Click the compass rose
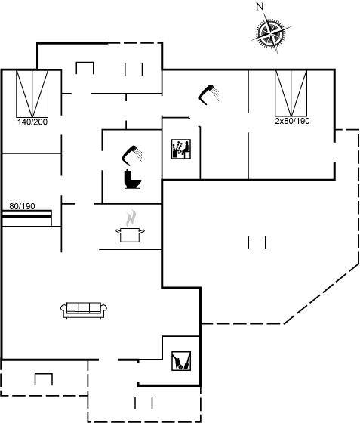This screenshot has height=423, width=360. [x=271, y=33]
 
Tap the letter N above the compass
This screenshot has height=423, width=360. [x=260, y=7]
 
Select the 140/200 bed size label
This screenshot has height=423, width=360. [x=32, y=122]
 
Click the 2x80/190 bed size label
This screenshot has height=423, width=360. [x=292, y=121]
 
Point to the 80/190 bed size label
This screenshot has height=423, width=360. [x=22, y=206]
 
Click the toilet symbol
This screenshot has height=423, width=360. [x=132, y=179]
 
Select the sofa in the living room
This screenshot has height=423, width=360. [x=84, y=310]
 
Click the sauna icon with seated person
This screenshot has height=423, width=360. [x=181, y=149]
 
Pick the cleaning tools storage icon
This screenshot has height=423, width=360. [x=181, y=361]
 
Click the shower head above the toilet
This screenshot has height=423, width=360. [x=132, y=155]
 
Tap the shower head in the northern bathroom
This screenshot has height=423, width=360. [x=209, y=94]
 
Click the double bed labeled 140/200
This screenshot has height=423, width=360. [x=32, y=94]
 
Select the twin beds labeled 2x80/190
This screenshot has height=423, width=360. [x=291, y=94]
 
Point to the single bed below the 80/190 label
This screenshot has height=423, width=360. [x=27, y=218]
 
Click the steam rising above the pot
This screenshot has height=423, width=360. [x=131, y=218]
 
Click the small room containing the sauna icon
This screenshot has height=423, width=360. [x=181, y=148]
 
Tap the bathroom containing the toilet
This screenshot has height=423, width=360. [x=132, y=167]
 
